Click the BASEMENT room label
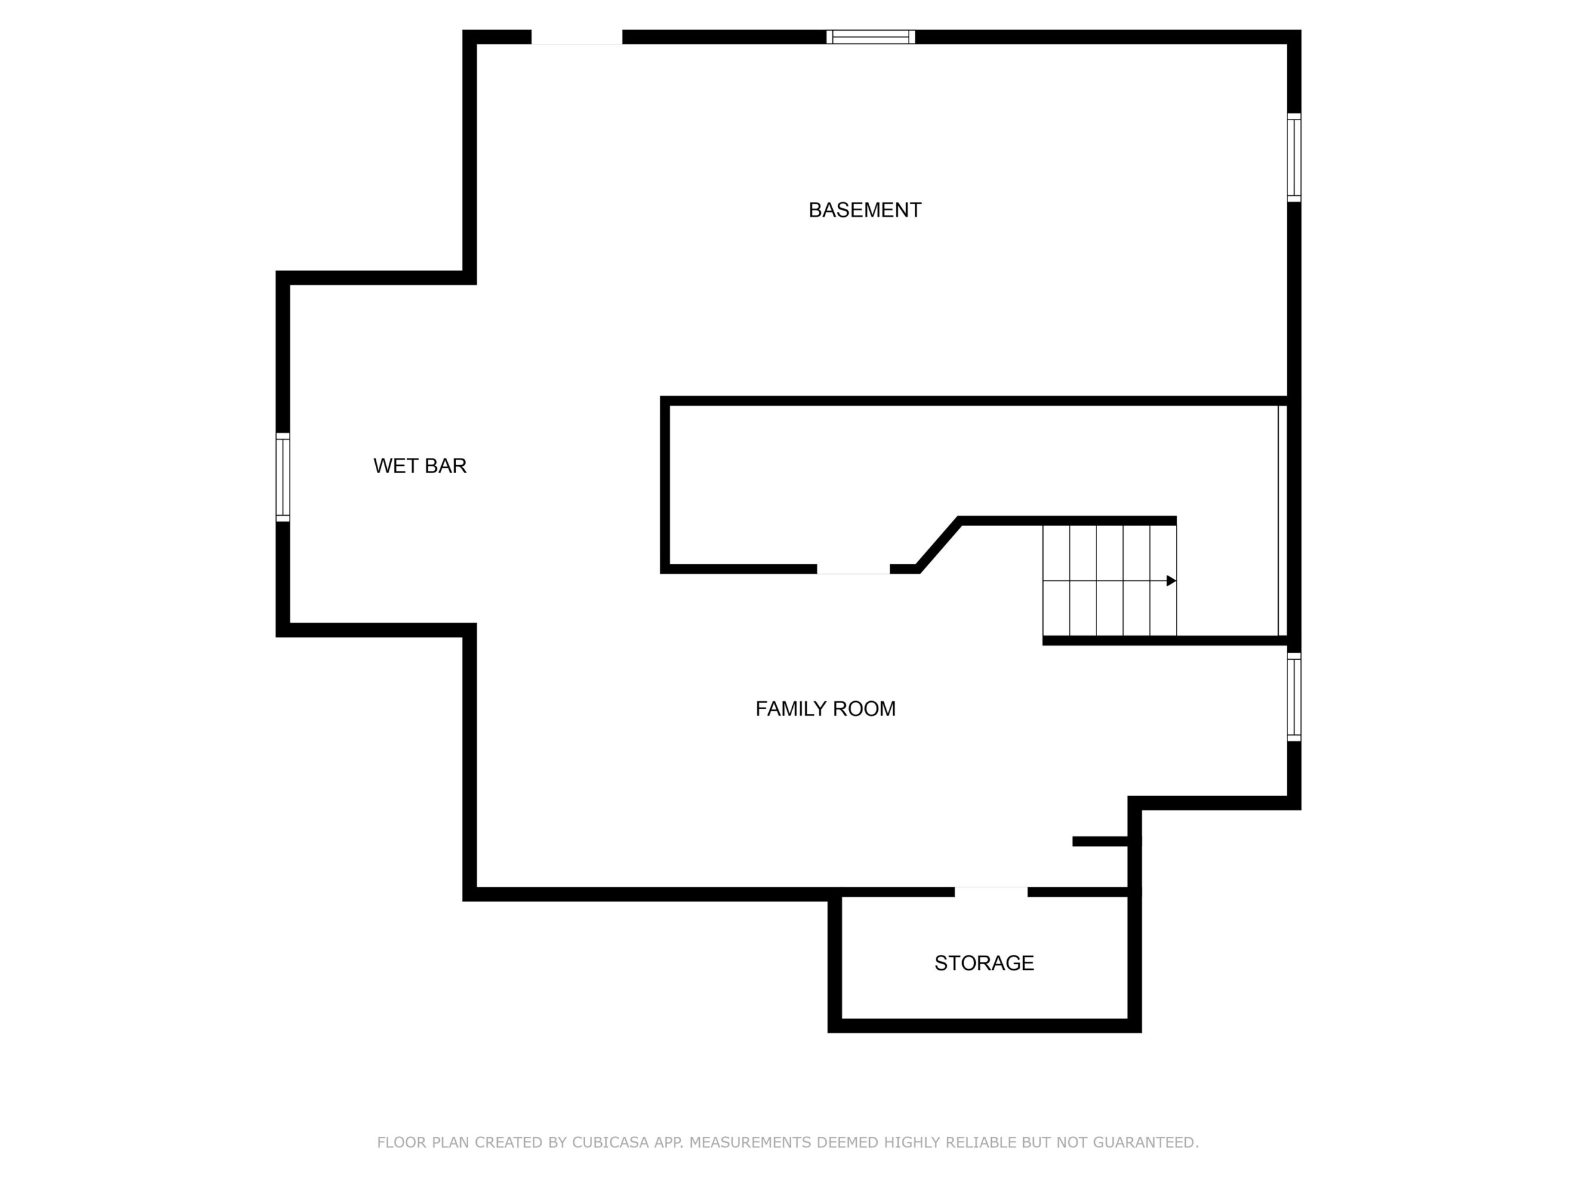click(x=865, y=210)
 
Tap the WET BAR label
click(x=420, y=466)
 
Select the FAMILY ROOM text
click(x=825, y=709)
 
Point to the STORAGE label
click(x=984, y=964)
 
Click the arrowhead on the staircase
click(x=1171, y=581)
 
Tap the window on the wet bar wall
click(x=283, y=477)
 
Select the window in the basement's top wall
click(x=870, y=37)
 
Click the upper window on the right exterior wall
click(x=1294, y=158)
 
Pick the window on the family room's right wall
click(x=1294, y=697)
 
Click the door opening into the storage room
click(x=991, y=892)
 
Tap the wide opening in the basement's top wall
click(x=577, y=37)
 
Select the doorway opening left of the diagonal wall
click(x=853, y=569)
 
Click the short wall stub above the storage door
click(x=1100, y=842)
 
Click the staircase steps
click(x=1109, y=580)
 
